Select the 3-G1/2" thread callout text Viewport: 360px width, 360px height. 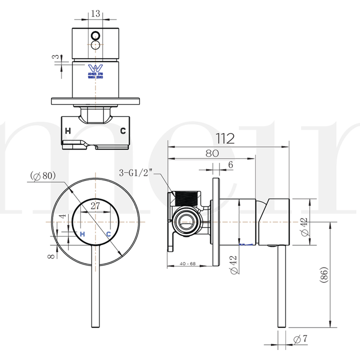136,173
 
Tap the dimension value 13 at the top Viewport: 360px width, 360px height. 95,13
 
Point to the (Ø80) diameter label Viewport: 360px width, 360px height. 42,175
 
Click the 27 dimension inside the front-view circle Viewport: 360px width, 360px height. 95,205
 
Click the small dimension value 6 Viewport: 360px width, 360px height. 230,164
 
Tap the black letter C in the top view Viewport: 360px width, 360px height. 122,131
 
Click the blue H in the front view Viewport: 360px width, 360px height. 82,233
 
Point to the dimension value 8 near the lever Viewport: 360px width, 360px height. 48,256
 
